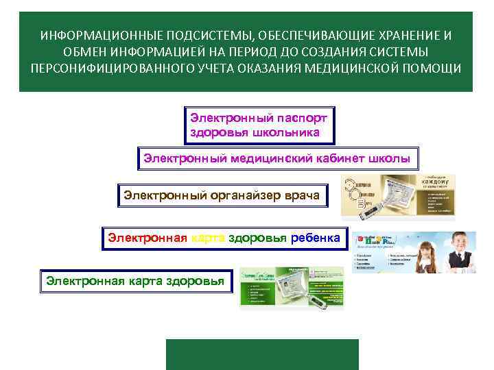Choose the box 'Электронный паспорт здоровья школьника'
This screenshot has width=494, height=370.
click(x=259, y=125)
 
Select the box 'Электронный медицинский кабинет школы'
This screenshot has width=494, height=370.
click(x=277, y=158)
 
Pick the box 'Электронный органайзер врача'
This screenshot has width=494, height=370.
click(x=222, y=196)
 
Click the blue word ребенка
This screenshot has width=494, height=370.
click(x=315, y=238)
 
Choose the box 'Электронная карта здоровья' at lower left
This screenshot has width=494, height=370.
click(x=135, y=281)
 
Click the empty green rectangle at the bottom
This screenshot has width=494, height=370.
click(x=262, y=354)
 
